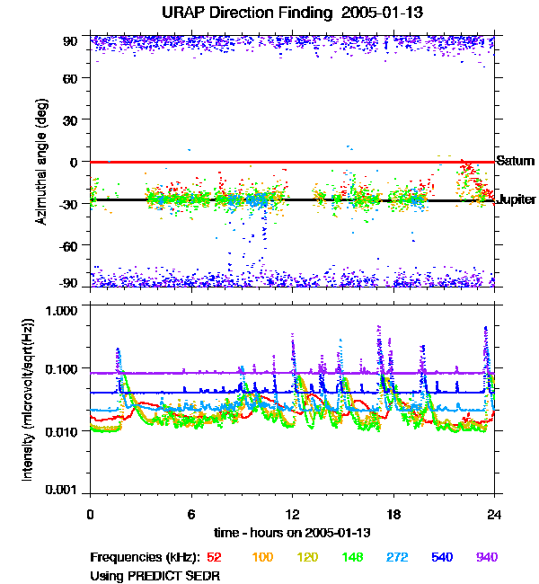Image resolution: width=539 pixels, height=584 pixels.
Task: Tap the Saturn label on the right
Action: tap(515, 162)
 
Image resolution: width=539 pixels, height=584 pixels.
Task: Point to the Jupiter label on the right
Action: tap(517, 199)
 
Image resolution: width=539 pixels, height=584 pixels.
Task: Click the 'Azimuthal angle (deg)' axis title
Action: tap(40, 162)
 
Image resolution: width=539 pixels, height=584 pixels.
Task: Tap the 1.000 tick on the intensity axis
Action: tap(64, 309)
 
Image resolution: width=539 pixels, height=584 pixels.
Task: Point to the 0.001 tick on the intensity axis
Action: tap(64, 490)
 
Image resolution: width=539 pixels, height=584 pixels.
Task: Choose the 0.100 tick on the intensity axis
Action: tap(64, 369)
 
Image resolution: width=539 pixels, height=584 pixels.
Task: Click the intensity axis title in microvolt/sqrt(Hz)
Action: tap(29, 400)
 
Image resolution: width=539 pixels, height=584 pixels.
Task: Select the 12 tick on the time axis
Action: tap(292, 514)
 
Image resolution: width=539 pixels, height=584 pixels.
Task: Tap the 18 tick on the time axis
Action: tap(393, 514)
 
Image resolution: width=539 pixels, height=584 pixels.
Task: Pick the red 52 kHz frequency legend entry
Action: tap(214, 558)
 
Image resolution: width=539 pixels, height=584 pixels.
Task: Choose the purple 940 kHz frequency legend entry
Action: tap(487, 558)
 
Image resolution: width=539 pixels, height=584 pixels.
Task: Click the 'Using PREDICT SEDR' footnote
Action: tap(155, 576)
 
